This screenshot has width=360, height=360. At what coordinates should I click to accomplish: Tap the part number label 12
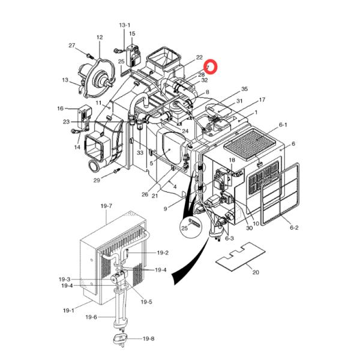100,37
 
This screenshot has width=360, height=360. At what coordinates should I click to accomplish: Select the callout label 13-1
125,25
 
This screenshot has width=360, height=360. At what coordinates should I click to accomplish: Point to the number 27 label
72,46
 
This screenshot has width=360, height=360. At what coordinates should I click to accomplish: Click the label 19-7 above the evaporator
106,206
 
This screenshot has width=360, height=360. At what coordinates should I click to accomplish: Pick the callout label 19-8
149,338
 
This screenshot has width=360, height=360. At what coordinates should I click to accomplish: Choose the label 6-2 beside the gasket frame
294,227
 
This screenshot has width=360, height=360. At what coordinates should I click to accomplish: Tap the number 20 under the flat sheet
256,272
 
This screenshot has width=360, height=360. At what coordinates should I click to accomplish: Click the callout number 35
245,89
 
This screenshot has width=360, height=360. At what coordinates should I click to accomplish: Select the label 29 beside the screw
97,180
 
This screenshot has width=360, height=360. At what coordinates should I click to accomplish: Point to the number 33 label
140,152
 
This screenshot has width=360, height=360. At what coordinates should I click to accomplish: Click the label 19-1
68,310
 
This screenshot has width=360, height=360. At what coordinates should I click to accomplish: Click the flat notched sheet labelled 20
241,257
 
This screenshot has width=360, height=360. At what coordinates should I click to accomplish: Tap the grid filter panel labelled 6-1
250,144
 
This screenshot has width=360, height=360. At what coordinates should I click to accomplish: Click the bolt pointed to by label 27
89,56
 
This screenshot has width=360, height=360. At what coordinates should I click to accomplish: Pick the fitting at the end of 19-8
121,339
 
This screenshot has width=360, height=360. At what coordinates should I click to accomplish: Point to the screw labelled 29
117,170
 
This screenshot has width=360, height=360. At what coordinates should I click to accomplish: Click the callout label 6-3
229,238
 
